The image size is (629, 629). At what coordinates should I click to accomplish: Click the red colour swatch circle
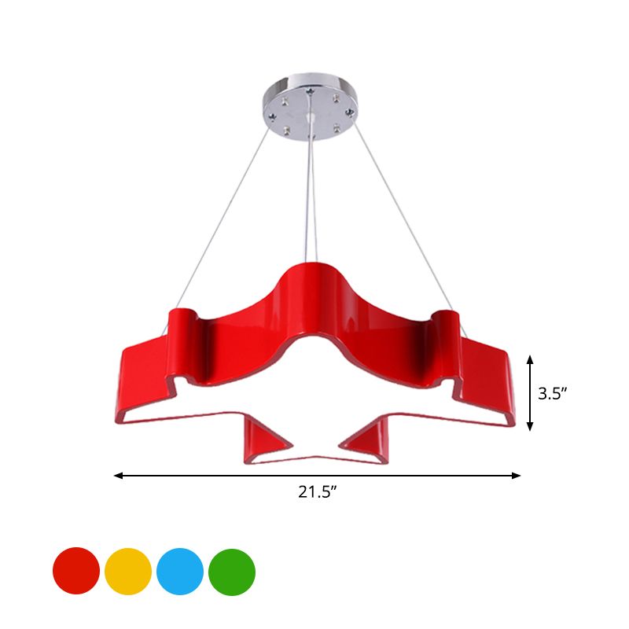coord(76,572)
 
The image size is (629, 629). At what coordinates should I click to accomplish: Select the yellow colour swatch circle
coord(128,572)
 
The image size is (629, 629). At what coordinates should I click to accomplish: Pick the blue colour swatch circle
coord(180,572)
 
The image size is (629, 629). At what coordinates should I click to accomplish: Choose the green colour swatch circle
coord(232,572)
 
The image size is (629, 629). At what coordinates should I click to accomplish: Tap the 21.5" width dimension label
coord(318,493)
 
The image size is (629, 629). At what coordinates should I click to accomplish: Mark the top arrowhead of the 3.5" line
coord(531,359)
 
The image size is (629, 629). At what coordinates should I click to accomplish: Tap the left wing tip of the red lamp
coord(118,401)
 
